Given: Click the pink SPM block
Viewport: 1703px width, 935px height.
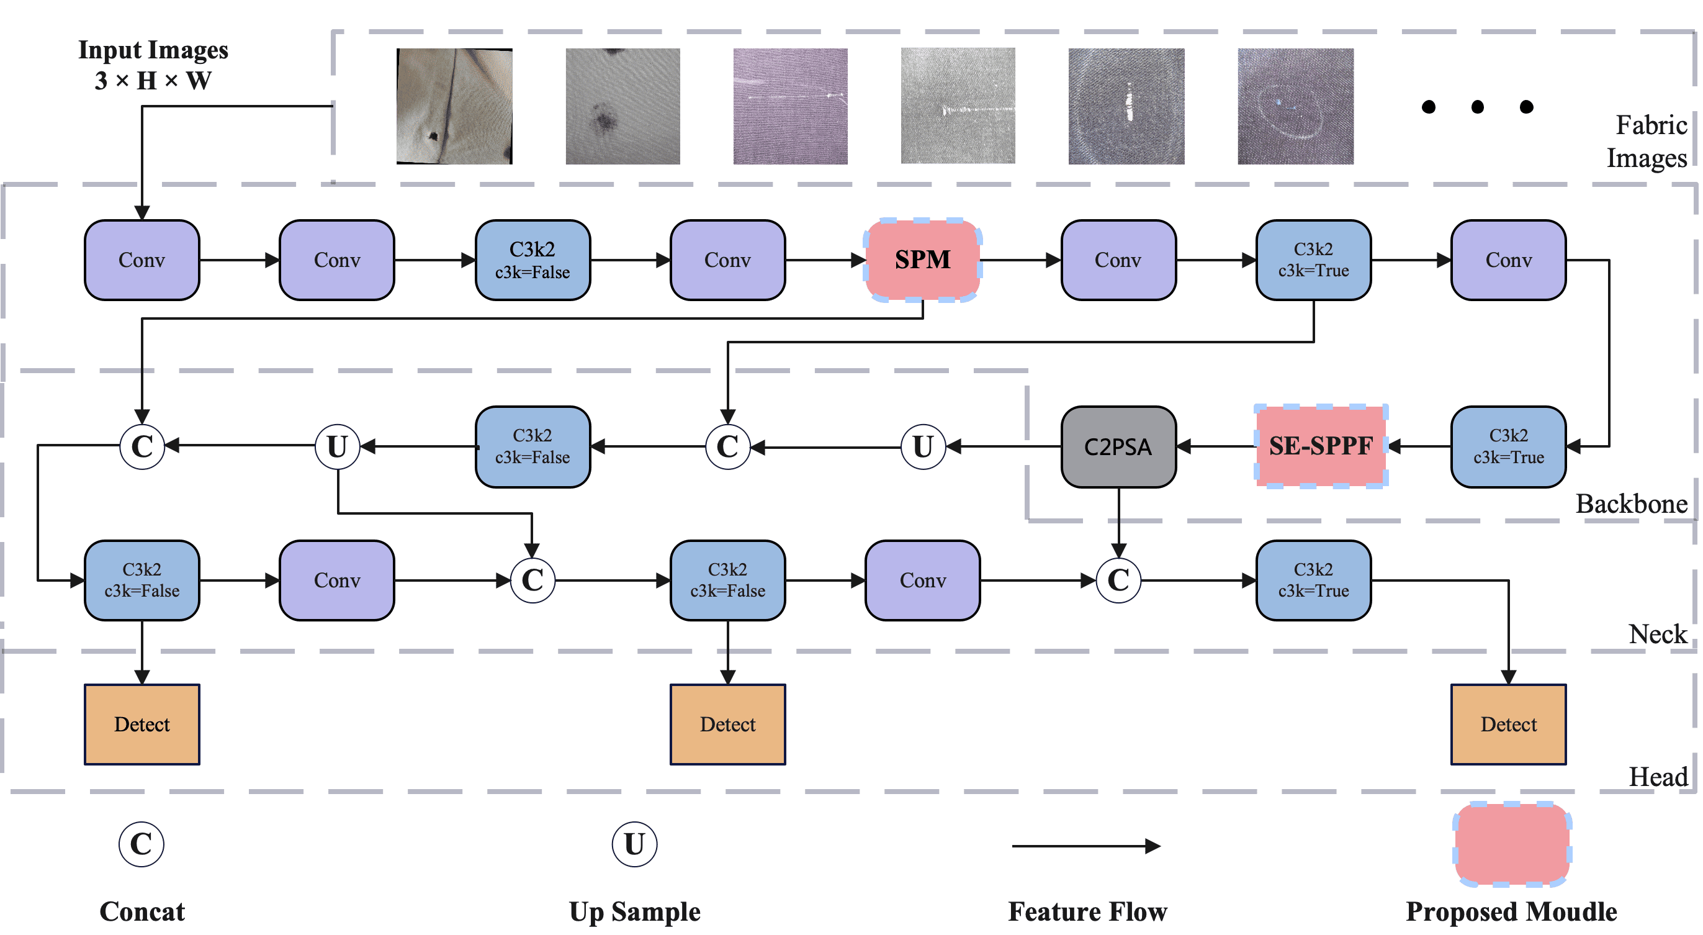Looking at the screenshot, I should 922,260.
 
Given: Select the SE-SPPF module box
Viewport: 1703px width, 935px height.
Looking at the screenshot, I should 1321,446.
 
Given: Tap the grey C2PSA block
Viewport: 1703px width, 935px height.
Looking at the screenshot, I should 1118,447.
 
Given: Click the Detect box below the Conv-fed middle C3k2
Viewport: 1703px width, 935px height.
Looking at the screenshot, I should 727,724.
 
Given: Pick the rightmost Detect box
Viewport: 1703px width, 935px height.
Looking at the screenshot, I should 1508,724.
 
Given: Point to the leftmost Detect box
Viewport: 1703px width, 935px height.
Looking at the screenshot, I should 142,724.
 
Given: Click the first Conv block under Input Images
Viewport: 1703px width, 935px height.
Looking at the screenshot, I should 142,260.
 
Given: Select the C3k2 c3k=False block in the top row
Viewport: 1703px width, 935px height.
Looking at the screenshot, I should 532,260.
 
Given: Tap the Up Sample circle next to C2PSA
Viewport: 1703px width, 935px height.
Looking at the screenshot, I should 922,447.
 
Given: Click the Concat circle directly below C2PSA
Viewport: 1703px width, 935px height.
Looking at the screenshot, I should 1118,580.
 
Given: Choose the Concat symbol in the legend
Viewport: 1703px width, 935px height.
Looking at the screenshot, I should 141,844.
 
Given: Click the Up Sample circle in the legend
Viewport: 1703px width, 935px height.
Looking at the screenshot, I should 634,844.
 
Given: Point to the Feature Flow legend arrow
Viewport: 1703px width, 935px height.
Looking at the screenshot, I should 1086,846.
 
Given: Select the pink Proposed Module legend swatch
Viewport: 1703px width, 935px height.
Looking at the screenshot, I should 1511,844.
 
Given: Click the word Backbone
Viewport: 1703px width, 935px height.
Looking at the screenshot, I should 1631,504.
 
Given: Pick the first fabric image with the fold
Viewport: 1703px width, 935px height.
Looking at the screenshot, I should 454,106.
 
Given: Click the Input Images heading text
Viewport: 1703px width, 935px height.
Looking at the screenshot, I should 153,50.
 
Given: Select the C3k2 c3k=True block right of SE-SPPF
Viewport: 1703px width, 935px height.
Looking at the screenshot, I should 1508,447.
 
